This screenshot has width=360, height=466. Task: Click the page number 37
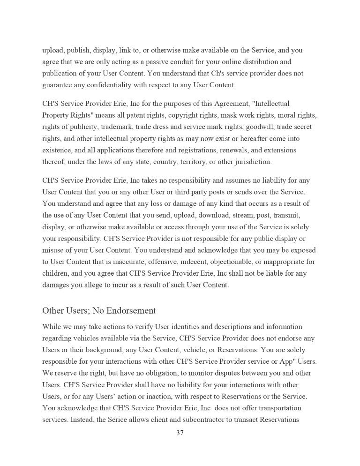[x=180, y=433]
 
